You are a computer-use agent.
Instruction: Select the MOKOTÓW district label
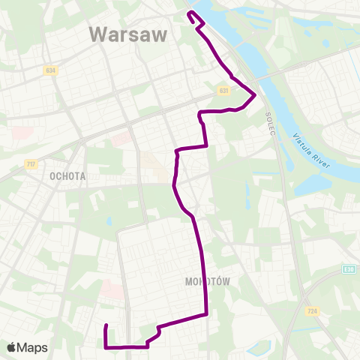205,282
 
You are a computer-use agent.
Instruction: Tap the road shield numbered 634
49,70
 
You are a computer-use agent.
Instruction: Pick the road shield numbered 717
31,164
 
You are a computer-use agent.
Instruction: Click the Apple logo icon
12,347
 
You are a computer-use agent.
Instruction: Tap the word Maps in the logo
33,347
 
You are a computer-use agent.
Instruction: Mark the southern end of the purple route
106,325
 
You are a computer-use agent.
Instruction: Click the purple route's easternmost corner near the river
256,95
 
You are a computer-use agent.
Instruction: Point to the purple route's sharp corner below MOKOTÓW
206,315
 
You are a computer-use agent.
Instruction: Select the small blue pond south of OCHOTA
109,222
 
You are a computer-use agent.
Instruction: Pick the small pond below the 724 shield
259,348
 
